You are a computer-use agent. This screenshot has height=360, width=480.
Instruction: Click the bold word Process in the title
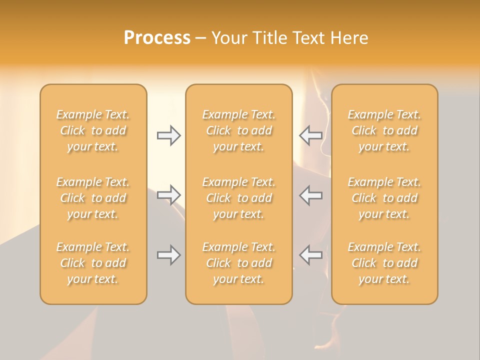[x=157, y=38]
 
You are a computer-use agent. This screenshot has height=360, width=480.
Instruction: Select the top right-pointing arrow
[x=168, y=135]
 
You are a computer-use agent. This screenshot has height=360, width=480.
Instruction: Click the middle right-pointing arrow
[x=168, y=194]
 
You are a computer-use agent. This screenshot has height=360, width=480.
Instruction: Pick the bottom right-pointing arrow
[x=168, y=255]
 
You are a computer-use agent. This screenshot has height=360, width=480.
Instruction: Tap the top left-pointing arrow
[x=311, y=135]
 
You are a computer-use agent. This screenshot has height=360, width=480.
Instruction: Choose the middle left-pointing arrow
[x=311, y=194]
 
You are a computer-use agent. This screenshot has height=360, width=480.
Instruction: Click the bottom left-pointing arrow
[x=311, y=255]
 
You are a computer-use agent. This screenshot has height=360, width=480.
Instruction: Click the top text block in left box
[x=93, y=130]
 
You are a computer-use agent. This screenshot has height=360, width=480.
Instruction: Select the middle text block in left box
[x=93, y=198]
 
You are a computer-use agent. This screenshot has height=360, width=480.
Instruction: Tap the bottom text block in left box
[x=93, y=263]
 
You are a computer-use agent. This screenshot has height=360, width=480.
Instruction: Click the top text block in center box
[x=239, y=130]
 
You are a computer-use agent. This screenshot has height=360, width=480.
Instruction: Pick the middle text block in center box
[x=239, y=198]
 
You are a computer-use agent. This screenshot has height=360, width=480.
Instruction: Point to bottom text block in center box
[x=239, y=263]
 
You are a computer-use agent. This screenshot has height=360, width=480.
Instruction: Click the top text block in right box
[x=384, y=130]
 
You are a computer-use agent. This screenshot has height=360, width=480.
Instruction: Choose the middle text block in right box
[x=384, y=198]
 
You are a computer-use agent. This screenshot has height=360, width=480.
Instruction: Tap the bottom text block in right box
[x=384, y=263]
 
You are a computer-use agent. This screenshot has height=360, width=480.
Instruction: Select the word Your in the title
[x=229, y=38]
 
